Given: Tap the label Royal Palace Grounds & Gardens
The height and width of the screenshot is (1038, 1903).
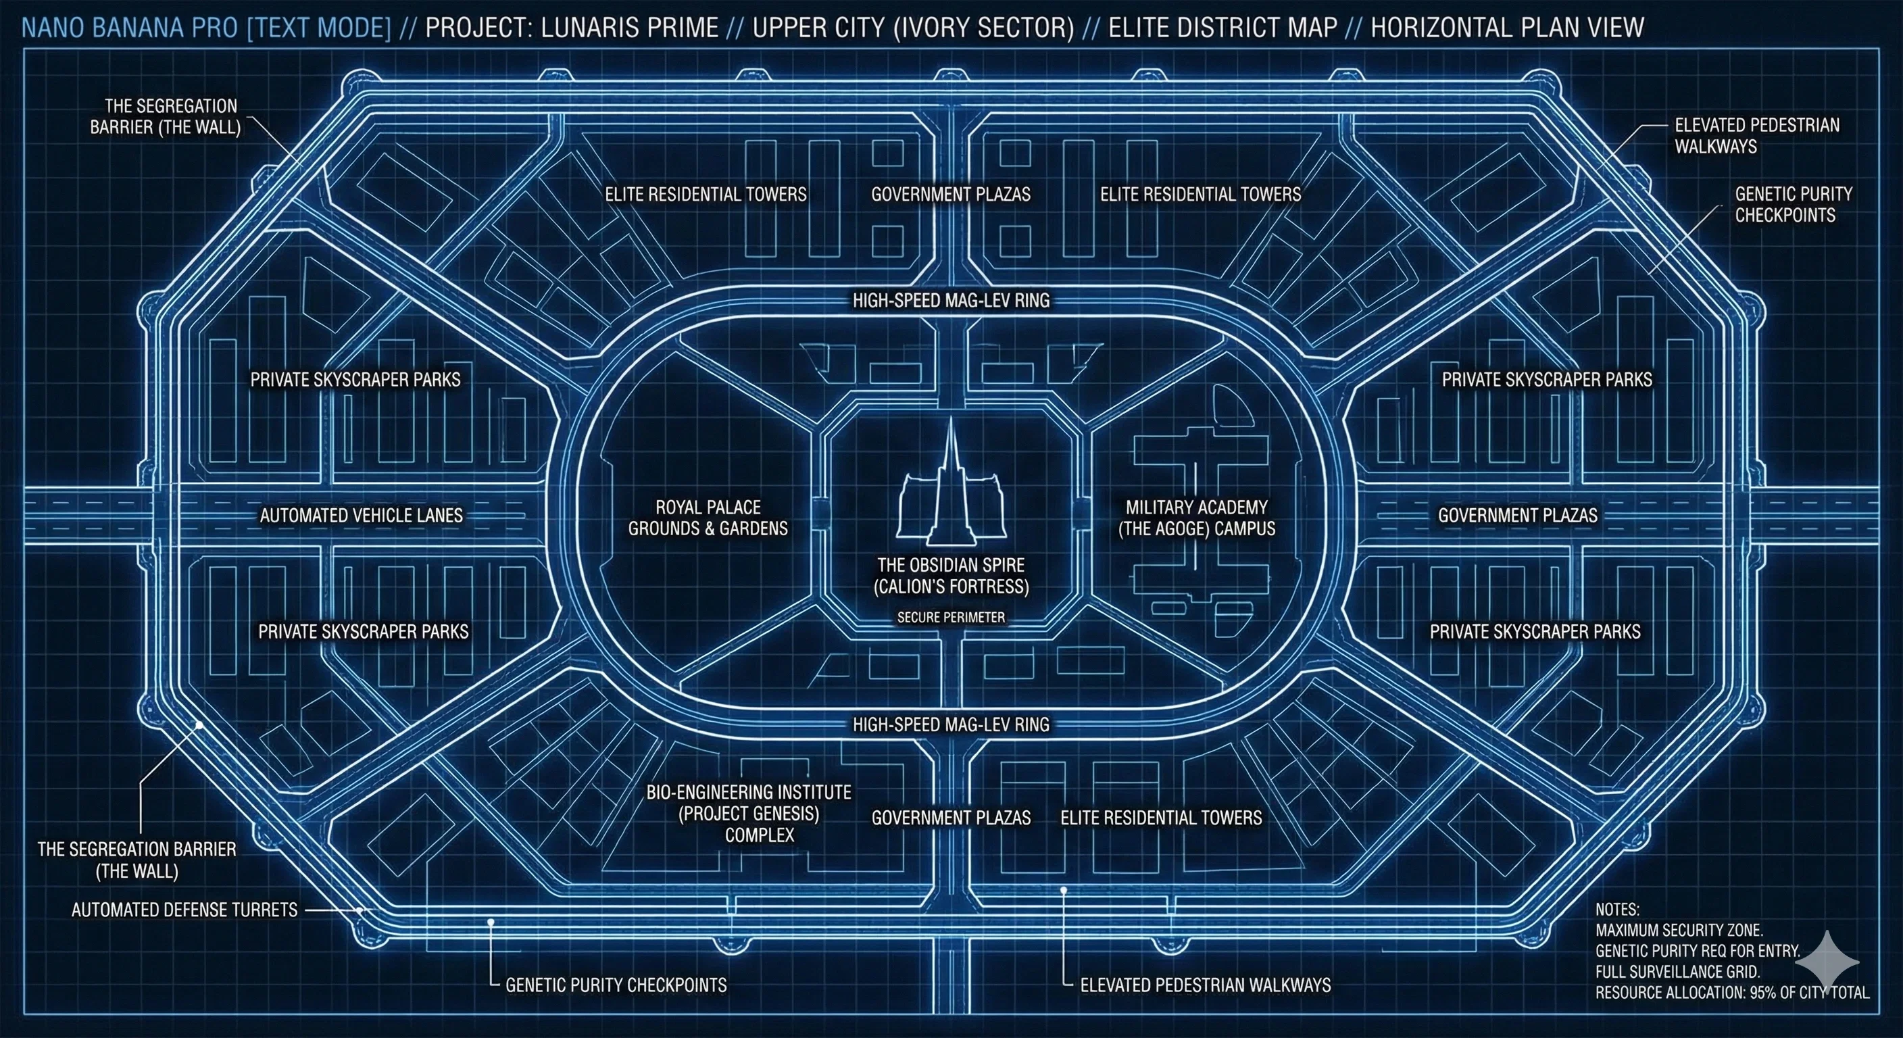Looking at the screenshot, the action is pos(708,518).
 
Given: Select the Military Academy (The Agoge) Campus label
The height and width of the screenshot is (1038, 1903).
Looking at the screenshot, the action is pos(1196,518).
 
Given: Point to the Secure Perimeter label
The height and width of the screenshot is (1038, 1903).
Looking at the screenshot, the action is pos(951,617).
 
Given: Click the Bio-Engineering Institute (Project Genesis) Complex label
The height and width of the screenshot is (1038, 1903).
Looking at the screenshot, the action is pos(748,814).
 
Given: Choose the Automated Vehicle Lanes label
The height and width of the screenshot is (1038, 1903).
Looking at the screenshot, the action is pos(362,515).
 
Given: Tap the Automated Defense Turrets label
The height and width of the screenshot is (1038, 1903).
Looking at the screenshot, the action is pos(184,910).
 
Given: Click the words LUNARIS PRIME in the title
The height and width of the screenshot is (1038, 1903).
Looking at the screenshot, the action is pos(629,27).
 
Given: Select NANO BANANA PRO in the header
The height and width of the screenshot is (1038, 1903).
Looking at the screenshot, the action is pos(130,27).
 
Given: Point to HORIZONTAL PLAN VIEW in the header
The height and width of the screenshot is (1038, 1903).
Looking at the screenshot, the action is pos(1507,27).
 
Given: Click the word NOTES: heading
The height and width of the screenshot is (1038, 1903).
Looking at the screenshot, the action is pos(1617,910).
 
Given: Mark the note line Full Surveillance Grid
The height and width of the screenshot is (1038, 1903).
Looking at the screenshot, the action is pos(1678,972).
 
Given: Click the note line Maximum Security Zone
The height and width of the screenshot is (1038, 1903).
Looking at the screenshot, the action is pos(1679,930).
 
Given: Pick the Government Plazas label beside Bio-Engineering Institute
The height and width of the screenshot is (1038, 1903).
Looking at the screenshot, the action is pos(951,818).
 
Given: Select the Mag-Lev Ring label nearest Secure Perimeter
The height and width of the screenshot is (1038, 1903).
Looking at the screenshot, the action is pos(951,724).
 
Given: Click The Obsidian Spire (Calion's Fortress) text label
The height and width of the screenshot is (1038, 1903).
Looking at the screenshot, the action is pos(951,576).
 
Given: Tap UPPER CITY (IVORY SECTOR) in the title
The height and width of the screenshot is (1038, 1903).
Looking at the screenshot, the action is pos(913,27).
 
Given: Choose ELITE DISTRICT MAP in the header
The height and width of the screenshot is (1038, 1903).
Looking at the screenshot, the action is pos(1222,27).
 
